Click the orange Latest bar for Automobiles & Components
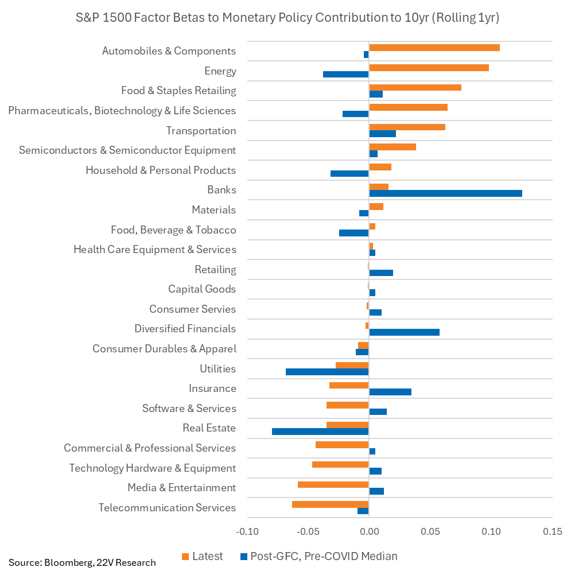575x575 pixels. [434, 47]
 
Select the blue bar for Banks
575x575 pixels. [445, 193]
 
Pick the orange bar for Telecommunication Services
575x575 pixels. [330, 504]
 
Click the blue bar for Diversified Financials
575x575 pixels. [404, 332]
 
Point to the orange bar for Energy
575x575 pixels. [429, 67]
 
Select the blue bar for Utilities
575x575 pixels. [327, 372]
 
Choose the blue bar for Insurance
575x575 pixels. [390, 392]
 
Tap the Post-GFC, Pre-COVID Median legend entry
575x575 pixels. [318, 556]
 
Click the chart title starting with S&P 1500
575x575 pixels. [287, 18]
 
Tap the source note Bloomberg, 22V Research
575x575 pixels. [82, 562]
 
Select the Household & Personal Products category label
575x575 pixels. [161, 170]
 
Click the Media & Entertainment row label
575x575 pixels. [181, 488]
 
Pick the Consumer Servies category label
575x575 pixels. [192, 309]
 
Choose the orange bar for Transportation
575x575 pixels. [407, 127]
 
